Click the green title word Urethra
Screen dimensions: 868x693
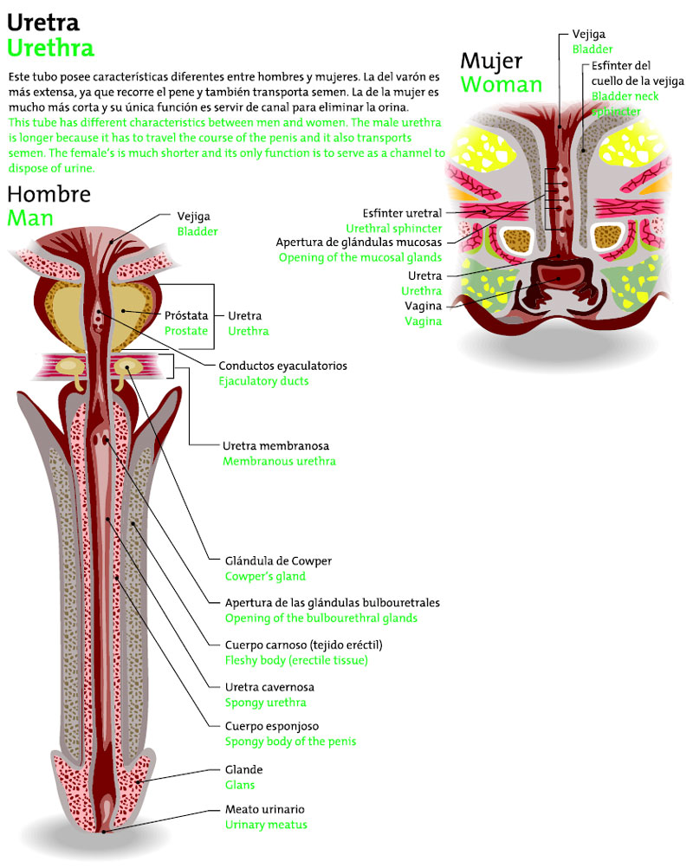click(x=50, y=47)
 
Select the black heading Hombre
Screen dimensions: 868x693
click(x=49, y=194)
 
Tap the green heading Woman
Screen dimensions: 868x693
click(x=501, y=84)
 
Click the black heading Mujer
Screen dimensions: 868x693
click(x=491, y=61)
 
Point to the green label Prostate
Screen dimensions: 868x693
click(x=186, y=331)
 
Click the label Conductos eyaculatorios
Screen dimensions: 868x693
click(x=282, y=366)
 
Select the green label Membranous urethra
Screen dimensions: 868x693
click(x=279, y=462)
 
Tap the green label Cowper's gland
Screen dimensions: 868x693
click(x=265, y=576)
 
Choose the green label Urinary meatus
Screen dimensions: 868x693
click(x=266, y=825)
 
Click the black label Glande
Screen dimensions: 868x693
click(x=243, y=769)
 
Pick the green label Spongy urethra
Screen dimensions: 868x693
click(x=265, y=703)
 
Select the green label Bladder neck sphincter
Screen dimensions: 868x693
click(x=624, y=104)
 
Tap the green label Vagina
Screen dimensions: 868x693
click(x=423, y=321)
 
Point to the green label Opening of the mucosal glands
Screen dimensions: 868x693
click(x=359, y=257)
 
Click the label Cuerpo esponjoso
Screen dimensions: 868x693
click(x=270, y=726)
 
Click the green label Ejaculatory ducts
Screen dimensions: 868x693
click(x=263, y=381)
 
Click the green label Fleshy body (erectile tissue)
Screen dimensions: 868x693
click(x=296, y=660)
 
